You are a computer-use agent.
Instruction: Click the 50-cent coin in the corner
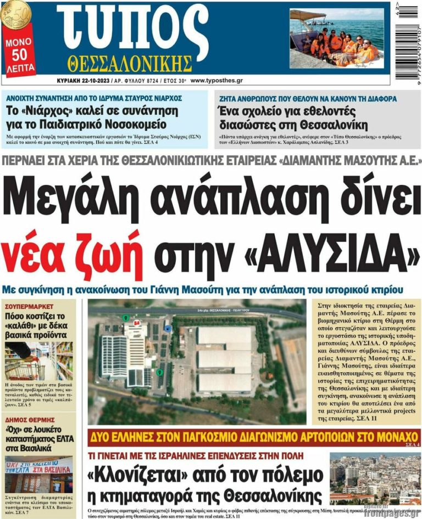tap(15, 14)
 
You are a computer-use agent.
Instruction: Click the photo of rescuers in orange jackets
tap(337, 40)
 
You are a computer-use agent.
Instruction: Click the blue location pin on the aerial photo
tap(168, 328)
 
